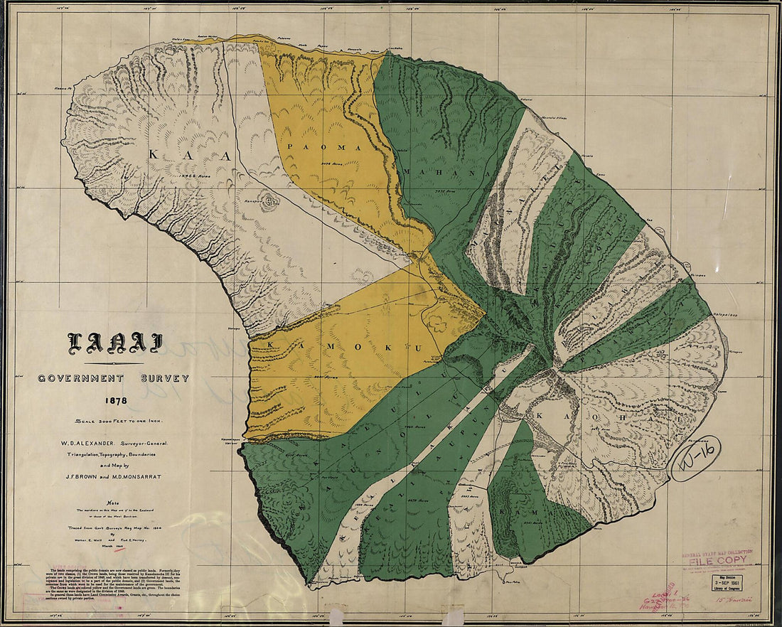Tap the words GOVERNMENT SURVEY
(x=114, y=378)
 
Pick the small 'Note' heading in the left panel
(x=113, y=501)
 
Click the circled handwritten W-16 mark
(x=696, y=459)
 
